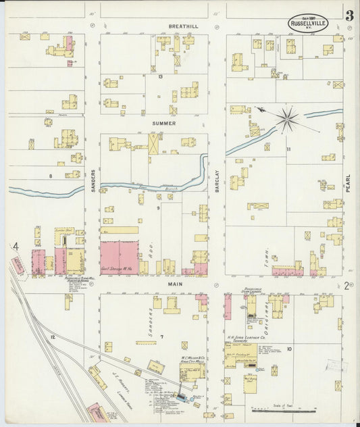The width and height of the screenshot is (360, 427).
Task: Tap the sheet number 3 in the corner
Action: click(x=349, y=16)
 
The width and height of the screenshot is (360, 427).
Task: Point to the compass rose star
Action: click(x=287, y=120)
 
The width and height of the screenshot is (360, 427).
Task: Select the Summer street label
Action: click(x=164, y=124)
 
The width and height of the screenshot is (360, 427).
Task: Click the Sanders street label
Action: click(x=93, y=180)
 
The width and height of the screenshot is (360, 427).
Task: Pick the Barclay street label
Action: click(x=217, y=181)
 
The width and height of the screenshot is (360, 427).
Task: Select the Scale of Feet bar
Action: click(x=283, y=408)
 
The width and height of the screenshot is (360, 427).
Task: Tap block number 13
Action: click(x=161, y=77)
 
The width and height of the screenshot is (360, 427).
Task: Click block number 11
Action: click(x=288, y=149)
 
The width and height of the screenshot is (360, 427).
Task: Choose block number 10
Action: click(x=288, y=349)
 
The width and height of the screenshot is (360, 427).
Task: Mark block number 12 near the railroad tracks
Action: click(x=52, y=336)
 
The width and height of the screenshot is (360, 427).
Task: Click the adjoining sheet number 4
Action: click(x=15, y=247)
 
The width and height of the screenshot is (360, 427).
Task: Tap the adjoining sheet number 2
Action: click(x=346, y=286)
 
